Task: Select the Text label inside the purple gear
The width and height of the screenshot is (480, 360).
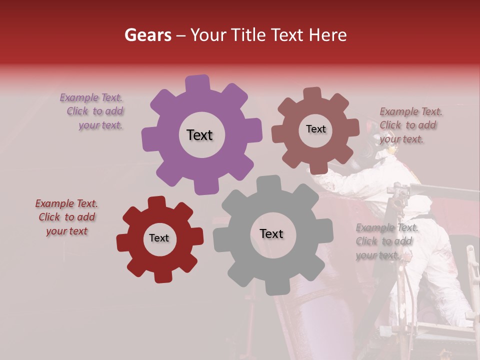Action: (x=199, y=135)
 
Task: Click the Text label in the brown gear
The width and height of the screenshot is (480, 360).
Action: (x=315, y=129)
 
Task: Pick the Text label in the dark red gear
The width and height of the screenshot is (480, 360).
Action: (x=159, y=238)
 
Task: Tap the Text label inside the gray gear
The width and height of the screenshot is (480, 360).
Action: (x=271, y=233)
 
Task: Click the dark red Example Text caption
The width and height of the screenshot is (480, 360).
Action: (x=66, y=217)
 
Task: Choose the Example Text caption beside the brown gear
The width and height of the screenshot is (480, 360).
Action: (x=410, y=125)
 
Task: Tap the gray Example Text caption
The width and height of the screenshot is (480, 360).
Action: (x=386, y=241)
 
